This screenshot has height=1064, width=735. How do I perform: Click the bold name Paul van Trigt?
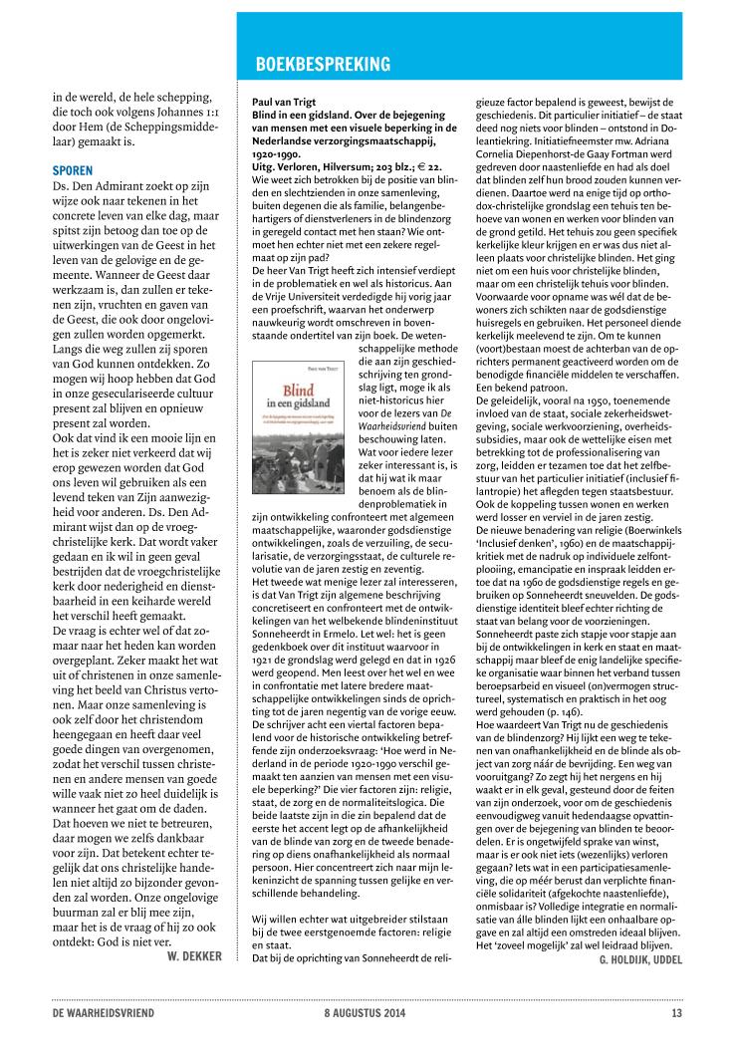click(x=282, y=103)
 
